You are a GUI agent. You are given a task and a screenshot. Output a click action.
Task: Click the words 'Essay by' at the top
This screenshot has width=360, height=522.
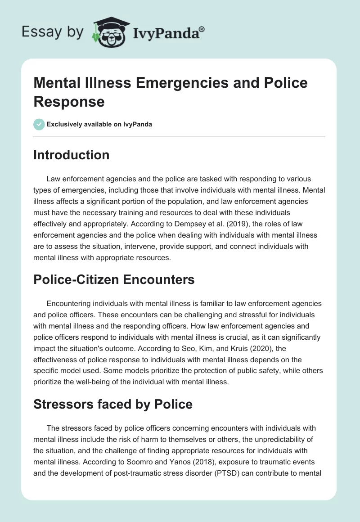coord(53,32)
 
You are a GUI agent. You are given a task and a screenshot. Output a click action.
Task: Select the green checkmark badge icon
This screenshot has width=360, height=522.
coord(39,124)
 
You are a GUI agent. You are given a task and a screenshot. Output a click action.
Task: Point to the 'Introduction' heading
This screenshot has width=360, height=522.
coord(72,155)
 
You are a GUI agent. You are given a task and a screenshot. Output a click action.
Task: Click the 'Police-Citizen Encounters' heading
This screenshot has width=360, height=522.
coord(114,279)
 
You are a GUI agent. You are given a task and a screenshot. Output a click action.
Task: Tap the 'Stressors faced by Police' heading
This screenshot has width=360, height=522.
coord(113,404)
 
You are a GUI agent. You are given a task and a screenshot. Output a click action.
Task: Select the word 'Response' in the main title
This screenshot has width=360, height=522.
coord(69,101)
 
